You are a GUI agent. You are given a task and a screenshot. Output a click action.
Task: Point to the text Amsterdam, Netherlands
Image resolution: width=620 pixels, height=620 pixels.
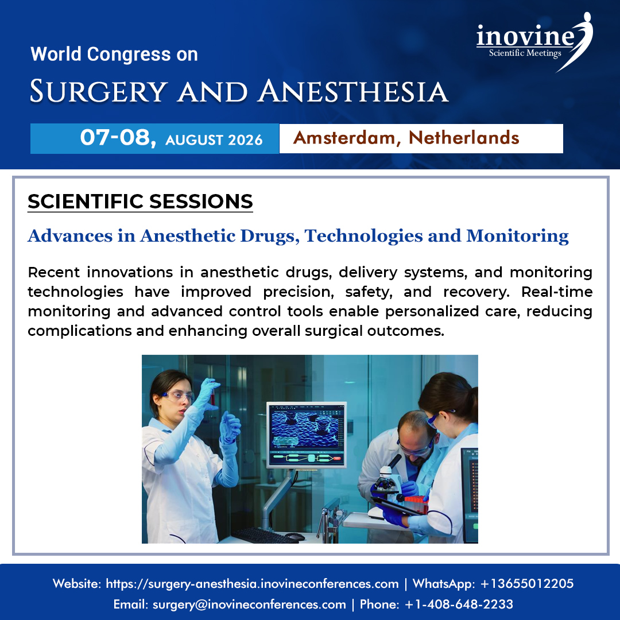tap(406, 138)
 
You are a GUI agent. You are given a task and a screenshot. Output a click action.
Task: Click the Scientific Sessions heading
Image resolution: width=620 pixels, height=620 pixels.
tap(140, 201)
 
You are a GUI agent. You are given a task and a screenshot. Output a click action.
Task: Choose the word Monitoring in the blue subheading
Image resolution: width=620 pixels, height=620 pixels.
tap(517, 235)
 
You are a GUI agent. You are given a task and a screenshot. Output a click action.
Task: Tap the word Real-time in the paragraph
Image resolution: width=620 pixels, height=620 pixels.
tap(557, 292)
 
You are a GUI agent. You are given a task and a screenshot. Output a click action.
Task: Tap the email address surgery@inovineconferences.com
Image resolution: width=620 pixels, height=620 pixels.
tap(249, 604)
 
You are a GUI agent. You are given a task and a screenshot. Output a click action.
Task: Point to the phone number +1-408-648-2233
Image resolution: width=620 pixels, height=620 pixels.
tap(459, 604)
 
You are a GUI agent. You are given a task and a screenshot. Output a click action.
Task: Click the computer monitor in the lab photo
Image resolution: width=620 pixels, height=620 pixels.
tap(307, 435)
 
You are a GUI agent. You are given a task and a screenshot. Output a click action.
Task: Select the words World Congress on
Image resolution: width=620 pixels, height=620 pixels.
tap(114, 55)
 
